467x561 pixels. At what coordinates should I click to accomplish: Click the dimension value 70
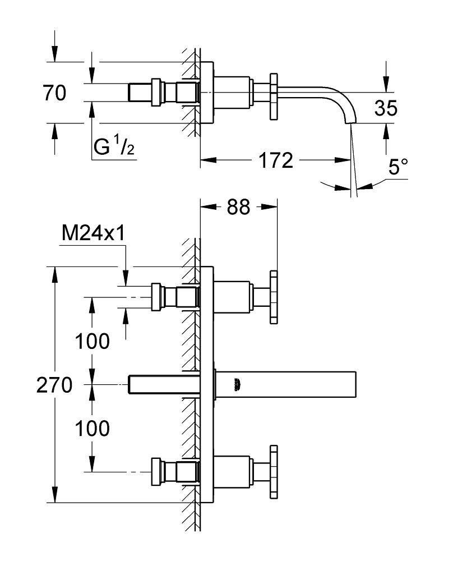(54, 93)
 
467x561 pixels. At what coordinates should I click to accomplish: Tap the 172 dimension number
(275, 161)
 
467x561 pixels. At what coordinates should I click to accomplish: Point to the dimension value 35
(386, 108)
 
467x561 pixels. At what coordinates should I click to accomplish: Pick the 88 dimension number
(239, 207)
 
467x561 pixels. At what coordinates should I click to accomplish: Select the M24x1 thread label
(92, 234)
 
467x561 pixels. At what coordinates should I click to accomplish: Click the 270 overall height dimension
(55, 385)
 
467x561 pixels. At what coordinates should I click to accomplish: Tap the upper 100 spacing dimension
(92, 341)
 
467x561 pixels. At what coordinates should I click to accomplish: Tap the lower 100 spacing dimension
(92, 429)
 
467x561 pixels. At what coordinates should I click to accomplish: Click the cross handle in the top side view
(274, 96)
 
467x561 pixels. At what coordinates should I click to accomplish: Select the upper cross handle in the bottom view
(274, 297)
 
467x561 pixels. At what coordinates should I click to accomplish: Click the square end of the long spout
(351, 384)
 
